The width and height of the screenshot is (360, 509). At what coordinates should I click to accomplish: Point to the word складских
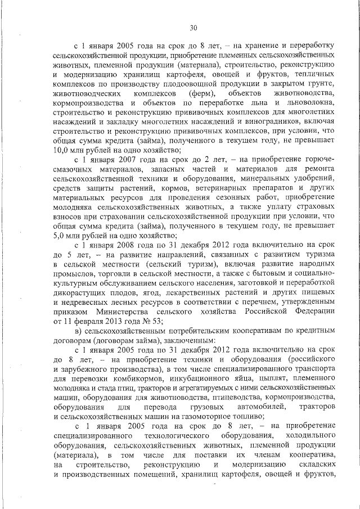(313, 468)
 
